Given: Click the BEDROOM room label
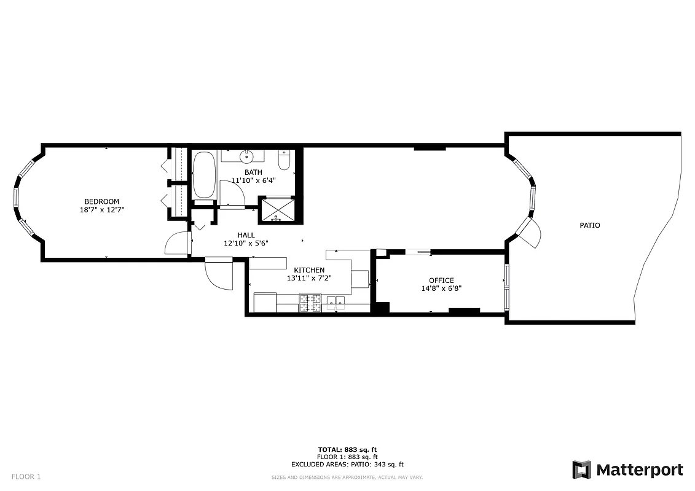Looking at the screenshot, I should click(x=101, y=201).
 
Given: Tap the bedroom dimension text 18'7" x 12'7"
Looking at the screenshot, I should click(x=101, y=210).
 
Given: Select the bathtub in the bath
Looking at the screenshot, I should click(x=204, y=176).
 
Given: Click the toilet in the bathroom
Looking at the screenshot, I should click(x=284, y=161).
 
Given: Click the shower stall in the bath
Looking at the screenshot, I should click(x=276, y=209).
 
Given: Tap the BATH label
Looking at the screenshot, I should click(x=253, y=172).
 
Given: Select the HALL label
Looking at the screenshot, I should click(x=246, y=235).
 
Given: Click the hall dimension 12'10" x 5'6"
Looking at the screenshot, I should click(x=246, y=243).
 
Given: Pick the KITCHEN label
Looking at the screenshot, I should click(x=309, y=270).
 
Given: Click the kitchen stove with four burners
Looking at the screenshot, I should click(x=310, y=303).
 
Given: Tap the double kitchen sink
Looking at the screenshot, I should click(x=336, y=301).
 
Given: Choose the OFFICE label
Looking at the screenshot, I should click(x=441, y=280).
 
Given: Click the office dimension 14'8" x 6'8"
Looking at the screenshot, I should click(x=441, y=288).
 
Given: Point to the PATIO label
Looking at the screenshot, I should click(x=589, y=225).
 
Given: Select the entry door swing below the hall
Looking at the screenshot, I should click(x=219, y=274).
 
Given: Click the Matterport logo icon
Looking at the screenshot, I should click(x=581, y=470).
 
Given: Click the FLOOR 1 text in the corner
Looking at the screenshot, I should click(x=26, y=476).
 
